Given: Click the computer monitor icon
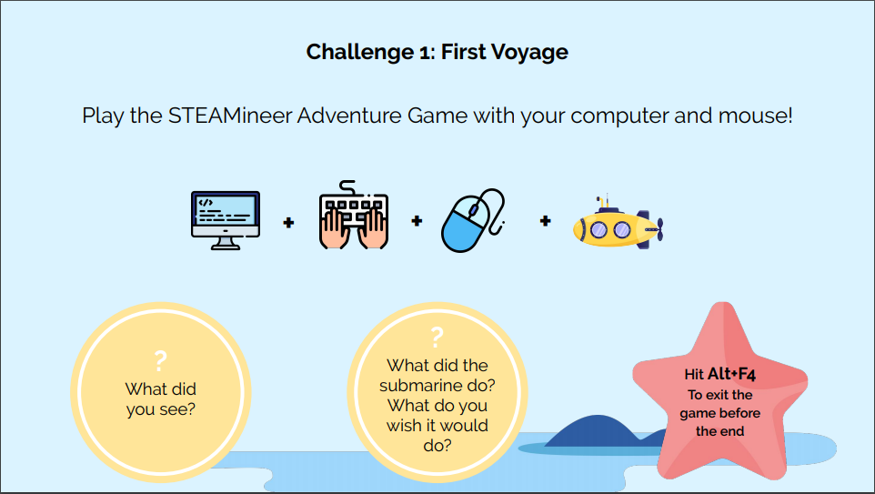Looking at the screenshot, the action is click(x=226, y=220).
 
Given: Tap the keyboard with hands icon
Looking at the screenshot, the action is click(x=353, y=215).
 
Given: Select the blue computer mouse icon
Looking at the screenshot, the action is click(x=473, y=220).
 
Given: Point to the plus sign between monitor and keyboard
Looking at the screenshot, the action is click(x=288, y=223).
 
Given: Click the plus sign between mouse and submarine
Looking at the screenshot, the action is click(x=545, y=221).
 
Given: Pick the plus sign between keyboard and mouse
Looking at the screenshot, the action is click(x=417, y=221).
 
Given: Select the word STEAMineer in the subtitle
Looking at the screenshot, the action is click(x=230, y=116).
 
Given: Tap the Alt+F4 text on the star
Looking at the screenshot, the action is click(x=731, y=374).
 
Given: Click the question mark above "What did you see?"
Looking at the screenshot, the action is click(x=160, y=361).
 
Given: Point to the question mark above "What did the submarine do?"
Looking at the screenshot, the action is click(x=437, y=338).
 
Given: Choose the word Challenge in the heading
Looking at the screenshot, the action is click(x=360, y=53).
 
